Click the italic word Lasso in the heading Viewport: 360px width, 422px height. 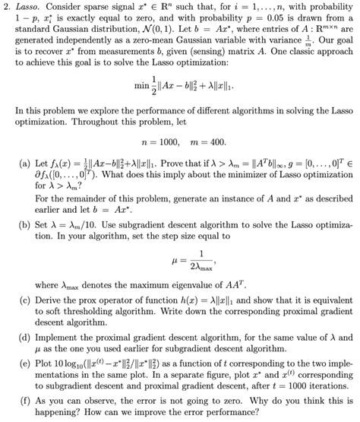click(x=32, y=7)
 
